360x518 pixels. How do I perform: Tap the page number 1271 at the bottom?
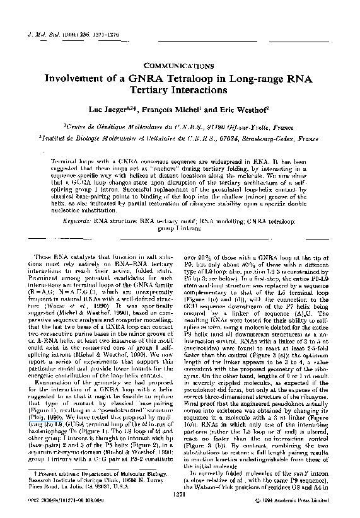pos(180,496)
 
